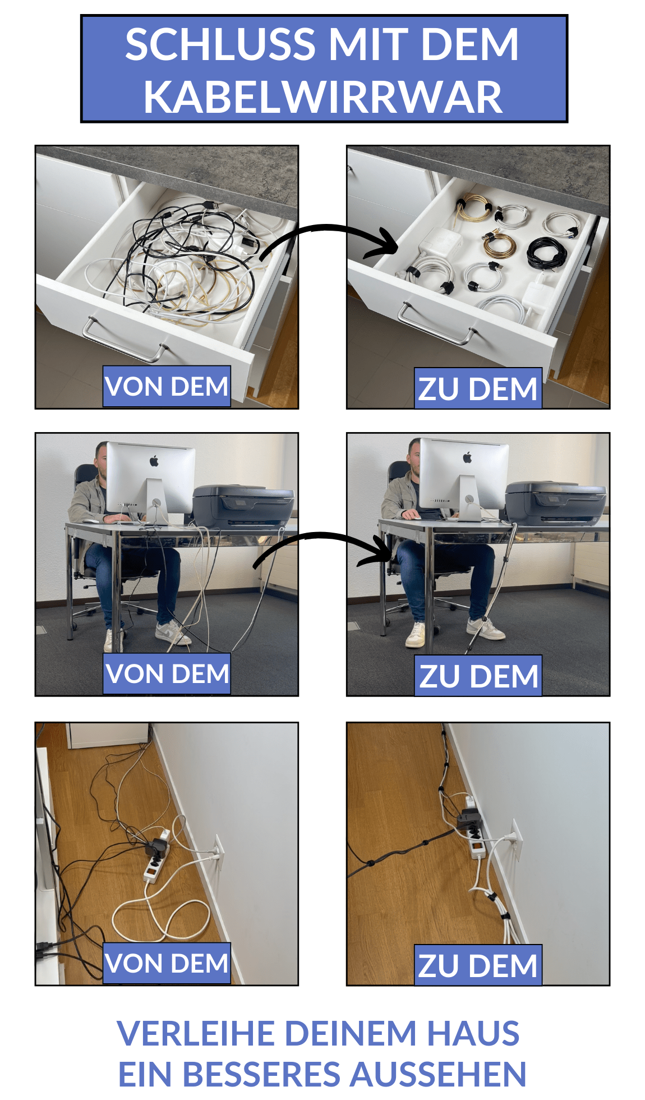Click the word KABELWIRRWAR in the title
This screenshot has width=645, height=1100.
322,97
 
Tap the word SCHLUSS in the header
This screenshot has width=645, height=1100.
220,44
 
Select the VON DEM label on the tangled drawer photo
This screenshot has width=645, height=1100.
167,387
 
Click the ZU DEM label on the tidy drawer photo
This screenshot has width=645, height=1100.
478,388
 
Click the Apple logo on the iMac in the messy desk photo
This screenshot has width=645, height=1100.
154,461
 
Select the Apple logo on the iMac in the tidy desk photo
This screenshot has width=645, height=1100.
467,458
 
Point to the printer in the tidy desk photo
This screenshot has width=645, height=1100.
555,503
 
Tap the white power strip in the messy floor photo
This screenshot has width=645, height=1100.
156,860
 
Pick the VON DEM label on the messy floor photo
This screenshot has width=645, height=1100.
167,963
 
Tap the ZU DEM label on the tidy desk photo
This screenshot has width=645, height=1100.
478,676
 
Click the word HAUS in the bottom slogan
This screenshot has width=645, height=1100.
473,1033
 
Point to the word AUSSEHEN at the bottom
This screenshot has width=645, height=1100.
438,1074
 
